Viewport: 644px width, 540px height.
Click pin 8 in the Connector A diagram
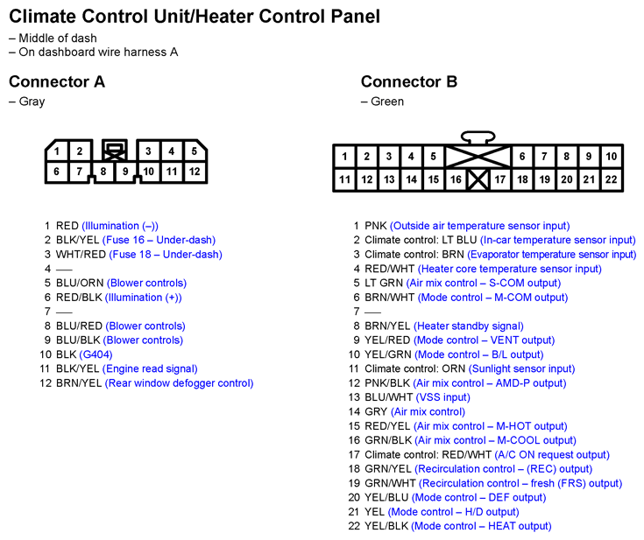point(103,172)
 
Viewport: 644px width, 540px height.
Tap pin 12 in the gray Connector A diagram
point(195,172)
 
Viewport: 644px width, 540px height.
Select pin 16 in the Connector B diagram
point(456,179)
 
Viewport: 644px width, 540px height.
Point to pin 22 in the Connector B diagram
point(612,179)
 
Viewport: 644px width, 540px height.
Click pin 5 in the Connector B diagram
point(433,157)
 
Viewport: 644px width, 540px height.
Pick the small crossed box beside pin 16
point(478,179)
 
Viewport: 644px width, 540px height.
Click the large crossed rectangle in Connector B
point(478,157)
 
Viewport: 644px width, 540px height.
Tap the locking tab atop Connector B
point(478,137)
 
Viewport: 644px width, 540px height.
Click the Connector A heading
point(57,82)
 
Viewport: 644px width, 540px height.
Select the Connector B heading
point(409,82)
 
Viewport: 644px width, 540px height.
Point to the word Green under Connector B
point(386,102)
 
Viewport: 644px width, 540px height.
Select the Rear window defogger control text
point(179,383)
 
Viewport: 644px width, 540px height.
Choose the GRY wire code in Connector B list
point(376,411)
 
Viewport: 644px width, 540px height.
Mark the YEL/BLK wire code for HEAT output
point(386,526)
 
